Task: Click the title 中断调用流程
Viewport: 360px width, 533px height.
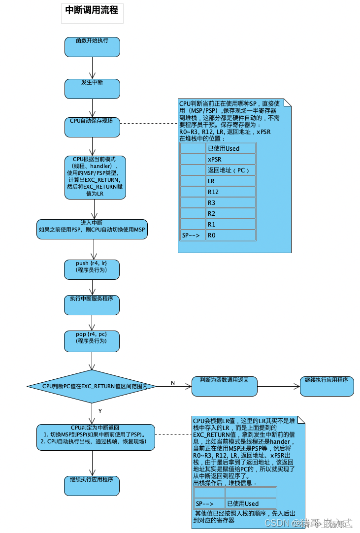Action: tap(92, 10)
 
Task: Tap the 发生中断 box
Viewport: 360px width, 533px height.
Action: tap(92, 88)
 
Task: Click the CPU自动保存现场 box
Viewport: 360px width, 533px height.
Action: tap(92, 127)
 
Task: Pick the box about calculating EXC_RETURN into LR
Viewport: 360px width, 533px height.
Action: tap(95, 177)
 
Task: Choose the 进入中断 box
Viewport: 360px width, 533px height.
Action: tap(92, 229)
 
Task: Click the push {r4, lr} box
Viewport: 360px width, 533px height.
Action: tap(92, 269)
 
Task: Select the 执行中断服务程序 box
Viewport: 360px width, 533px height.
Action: tap(92, 305)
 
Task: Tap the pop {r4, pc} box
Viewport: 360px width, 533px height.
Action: tap(92, 341)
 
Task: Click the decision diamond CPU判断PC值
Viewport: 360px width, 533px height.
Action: tap(92, 387)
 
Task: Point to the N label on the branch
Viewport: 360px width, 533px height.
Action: tap(173, 383)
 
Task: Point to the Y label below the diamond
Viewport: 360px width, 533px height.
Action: tap(100, 410)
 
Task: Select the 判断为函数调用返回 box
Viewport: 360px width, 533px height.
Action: tap(225, 386)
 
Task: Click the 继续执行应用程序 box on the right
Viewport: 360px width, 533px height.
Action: tap(327, 386)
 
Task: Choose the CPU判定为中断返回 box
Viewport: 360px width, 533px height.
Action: tap(96, 437)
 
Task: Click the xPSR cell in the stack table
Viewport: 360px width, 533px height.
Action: tap(230, 159)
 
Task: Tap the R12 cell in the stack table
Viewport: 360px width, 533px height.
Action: tap(230, 192)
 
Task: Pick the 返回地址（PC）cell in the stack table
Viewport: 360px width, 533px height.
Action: tap(230, 170)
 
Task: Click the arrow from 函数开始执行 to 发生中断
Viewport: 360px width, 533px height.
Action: tap(92, 67)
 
